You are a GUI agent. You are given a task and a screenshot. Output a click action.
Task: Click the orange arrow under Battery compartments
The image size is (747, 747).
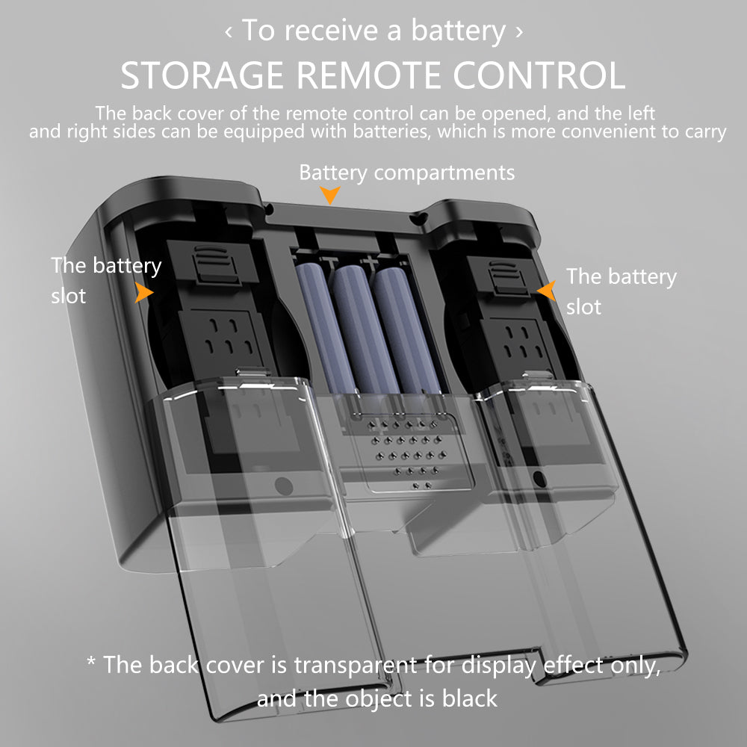329,196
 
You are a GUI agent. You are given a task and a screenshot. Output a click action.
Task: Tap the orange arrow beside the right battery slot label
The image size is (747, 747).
548,291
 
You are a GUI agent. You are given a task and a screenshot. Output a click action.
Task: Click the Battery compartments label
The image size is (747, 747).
406,173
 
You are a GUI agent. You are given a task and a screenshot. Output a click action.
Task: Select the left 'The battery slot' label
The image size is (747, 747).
105,280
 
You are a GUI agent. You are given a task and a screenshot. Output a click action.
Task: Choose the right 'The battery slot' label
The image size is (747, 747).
620,291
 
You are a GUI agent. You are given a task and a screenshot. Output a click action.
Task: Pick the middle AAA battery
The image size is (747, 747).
354,329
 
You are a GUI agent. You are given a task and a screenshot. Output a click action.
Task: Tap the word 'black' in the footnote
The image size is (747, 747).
468,698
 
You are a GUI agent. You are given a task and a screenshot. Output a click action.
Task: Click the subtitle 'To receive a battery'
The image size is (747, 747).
373,31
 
